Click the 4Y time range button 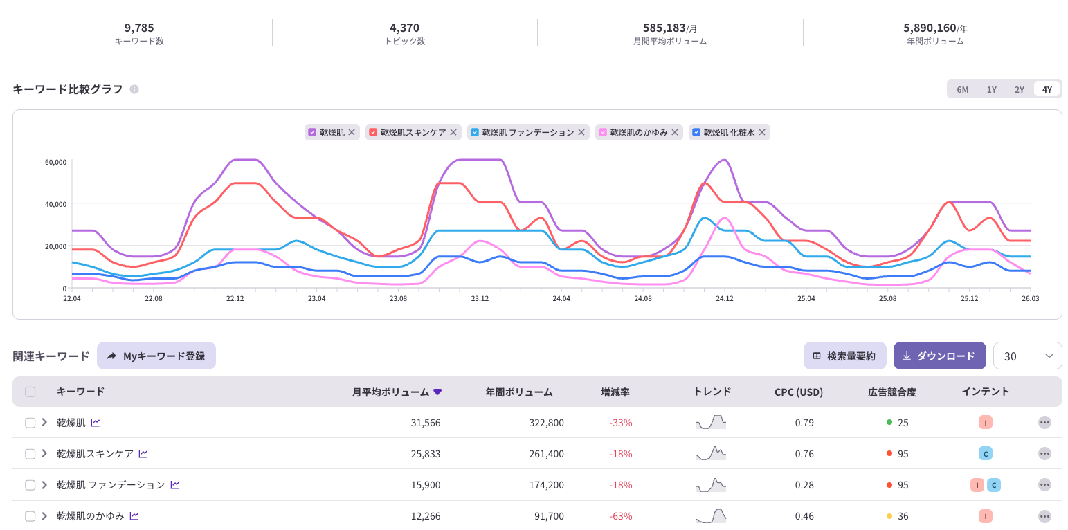pos(1047,89)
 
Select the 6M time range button pos(962,89)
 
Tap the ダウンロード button pos(939,356)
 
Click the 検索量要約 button pos(844,356)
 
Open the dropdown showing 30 pos(1027,356)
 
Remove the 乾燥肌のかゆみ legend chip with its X pos(674,132)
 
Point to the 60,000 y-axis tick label pos(55,162)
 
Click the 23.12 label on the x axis pos(480,299)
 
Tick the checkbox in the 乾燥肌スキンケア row pos(30,454)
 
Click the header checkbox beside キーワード pos(30,392)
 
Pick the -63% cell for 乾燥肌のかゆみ pos(620,516)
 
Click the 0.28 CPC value pos(804,485)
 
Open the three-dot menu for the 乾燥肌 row pos(1044,423)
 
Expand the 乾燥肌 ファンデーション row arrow pos(44,485)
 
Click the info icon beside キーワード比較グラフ pos(134,89)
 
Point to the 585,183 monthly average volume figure pos(664,28)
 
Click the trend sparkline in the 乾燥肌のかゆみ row pos(711,516)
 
